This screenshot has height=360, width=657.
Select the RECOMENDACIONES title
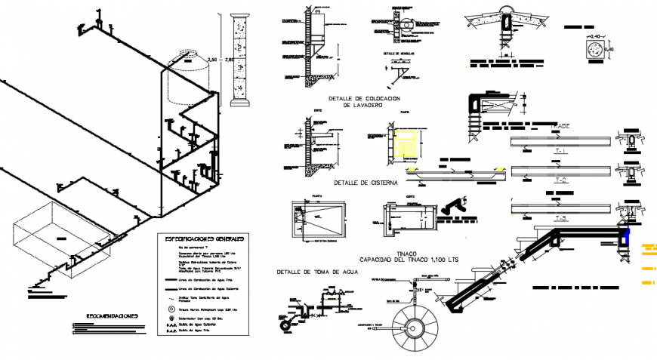pos(112,316)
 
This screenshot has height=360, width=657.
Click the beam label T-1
pos(560,152)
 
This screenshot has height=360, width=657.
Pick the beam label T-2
pos(560,181)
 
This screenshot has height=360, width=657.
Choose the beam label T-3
pos(560,218)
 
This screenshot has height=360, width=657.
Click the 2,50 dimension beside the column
pos(213,59)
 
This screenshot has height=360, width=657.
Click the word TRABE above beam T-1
pos(560,125)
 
